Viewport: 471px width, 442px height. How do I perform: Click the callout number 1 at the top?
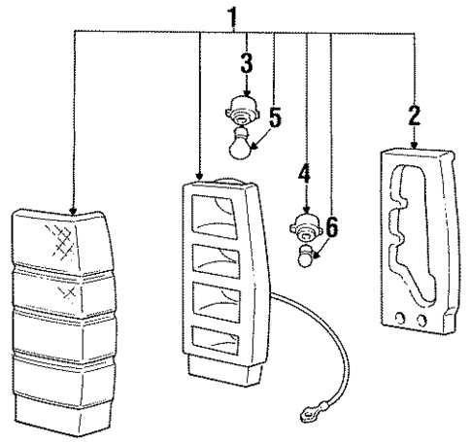click(233, 17)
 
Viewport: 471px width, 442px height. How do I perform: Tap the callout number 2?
click(415, 116)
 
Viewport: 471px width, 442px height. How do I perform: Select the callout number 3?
click(247, 63)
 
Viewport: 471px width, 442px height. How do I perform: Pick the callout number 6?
click(332, 226)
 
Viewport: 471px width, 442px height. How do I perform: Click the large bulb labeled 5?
click(240, 144)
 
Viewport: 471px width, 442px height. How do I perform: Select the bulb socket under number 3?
click(243, 111)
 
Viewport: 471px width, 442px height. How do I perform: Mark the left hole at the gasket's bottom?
click(401, 319)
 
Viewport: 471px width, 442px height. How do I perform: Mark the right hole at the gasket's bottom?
click(421, 321)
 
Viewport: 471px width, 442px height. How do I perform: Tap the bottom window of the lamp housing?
click(216, 339)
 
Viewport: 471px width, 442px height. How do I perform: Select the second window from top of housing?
click(216, 261)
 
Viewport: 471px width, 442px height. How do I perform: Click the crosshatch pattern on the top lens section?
click(61, 241)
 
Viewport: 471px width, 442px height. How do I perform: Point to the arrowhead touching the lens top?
click(73, 211)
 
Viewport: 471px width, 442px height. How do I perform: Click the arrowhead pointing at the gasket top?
click(415, 145)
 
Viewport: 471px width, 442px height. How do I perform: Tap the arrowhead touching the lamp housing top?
click(199, 177)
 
